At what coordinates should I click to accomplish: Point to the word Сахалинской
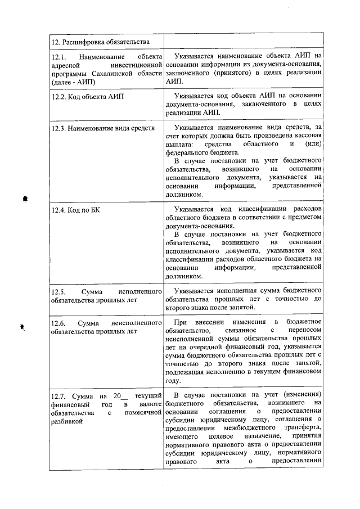pyautogui.click(x=122, y=73)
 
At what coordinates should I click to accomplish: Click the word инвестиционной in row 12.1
pyautogui.click(x=134, y=65)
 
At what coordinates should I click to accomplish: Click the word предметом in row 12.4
pyautogui.click(x=304, y=218)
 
